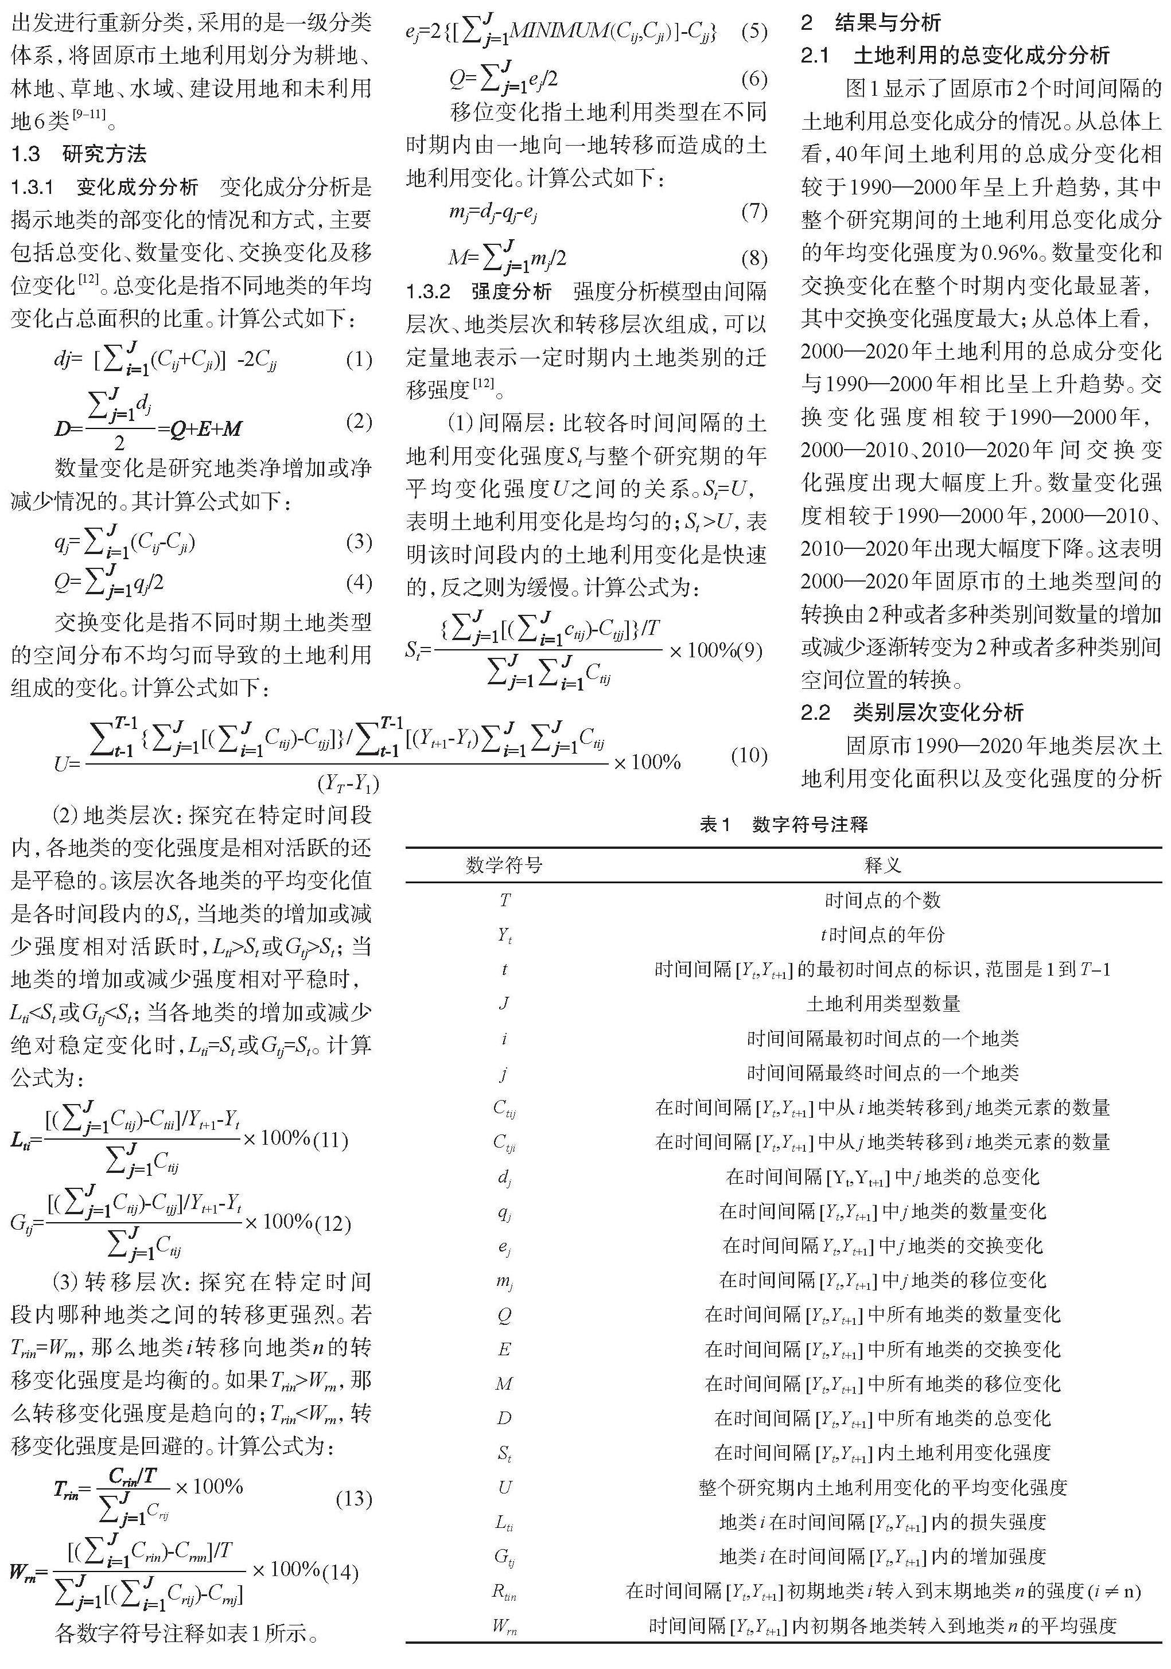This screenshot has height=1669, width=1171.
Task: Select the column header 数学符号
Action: click(504, 865)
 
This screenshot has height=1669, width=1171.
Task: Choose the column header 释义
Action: click(882, 865)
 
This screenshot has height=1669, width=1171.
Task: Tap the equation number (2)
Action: click(358, 422)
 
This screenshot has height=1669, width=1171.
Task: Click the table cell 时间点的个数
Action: click(882, 900)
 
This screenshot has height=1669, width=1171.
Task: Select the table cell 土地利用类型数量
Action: click(882, 1004)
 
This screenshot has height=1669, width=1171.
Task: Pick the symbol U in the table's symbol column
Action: click(504, 1487)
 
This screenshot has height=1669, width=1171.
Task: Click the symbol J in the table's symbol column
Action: click(504, 1004)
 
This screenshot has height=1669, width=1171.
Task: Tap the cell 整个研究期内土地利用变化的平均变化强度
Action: click(882, 1487)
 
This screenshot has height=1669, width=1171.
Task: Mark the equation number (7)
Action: click(753, 212)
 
